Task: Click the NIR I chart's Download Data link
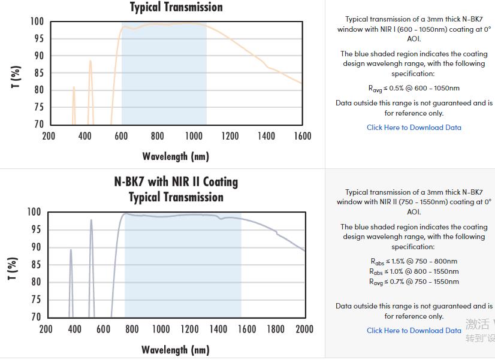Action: coord(414,128)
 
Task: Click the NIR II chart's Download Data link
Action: coord(414,330)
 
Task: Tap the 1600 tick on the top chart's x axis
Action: coord(303,136)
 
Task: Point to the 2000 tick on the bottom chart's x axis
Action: coord(304,329)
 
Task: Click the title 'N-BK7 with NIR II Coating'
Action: coord(176,181)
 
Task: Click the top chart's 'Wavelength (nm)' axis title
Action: coord(176,156)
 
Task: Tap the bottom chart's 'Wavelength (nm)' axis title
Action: coord(176,349)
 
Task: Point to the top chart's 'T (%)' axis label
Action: coord(16,76)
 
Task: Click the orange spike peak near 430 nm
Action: coord(90,61)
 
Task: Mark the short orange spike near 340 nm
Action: coord(74,88)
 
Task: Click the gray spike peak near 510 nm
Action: coord(91,220)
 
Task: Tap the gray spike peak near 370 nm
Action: coord(71,250)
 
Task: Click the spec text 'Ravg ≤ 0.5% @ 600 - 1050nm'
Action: coord(414,89)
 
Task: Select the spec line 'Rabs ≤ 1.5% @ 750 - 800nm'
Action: coord(414,261)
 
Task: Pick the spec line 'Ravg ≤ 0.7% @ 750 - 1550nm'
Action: coord(414,282)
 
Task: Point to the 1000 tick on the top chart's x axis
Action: coord(194,136)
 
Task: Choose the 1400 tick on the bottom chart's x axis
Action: coord(218,329)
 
